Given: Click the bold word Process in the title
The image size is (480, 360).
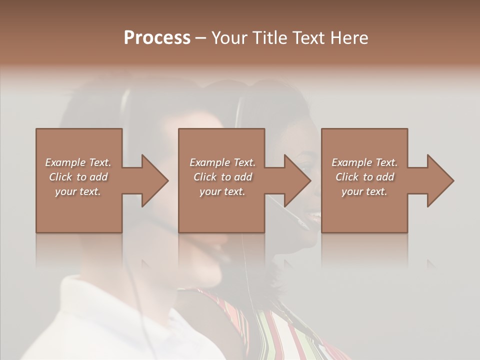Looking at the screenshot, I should [157, 37].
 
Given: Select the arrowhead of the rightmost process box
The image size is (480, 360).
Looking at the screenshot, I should [439, 180].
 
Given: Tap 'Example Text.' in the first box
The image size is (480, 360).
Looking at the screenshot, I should [78, 162].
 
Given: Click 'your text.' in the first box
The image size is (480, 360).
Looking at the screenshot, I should [78, 191].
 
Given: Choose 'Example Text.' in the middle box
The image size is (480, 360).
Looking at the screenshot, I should [222, 162].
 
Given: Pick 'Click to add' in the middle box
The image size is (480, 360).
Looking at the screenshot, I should [222, 177].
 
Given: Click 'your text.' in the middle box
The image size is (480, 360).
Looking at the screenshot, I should [222, 191].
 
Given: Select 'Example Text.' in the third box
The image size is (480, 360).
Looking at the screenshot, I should [364, 162].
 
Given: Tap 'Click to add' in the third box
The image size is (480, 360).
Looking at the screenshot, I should [364, 177].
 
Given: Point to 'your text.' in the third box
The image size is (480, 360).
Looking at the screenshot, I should [364, 191].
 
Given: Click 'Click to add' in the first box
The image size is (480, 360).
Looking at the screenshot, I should [78, 177].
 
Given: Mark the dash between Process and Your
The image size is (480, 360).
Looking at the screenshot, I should [201, 38].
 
